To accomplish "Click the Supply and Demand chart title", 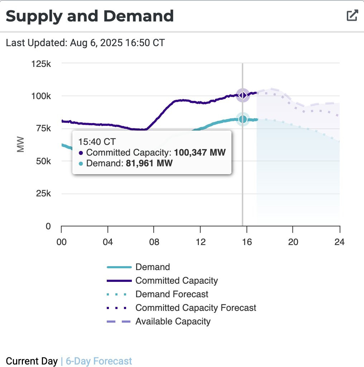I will point(90,16).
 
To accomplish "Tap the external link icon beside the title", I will point(352,15).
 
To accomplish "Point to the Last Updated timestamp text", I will point(85,43).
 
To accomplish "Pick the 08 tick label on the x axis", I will point(154,242).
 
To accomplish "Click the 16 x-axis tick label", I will point(246,242).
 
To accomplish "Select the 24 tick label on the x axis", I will point(339,242).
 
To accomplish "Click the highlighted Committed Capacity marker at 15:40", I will point(243,95).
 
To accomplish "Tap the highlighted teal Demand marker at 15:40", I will point(243,119).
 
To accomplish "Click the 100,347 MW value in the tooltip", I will point(200,153).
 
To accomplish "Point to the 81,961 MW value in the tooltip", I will point(149,164).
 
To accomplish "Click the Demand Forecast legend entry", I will point(172,294).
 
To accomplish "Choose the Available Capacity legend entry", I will point(173,322).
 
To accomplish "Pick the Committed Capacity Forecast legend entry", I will point(196,308).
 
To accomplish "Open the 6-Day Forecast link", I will point(99,361).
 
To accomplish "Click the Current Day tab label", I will point(32,361).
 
